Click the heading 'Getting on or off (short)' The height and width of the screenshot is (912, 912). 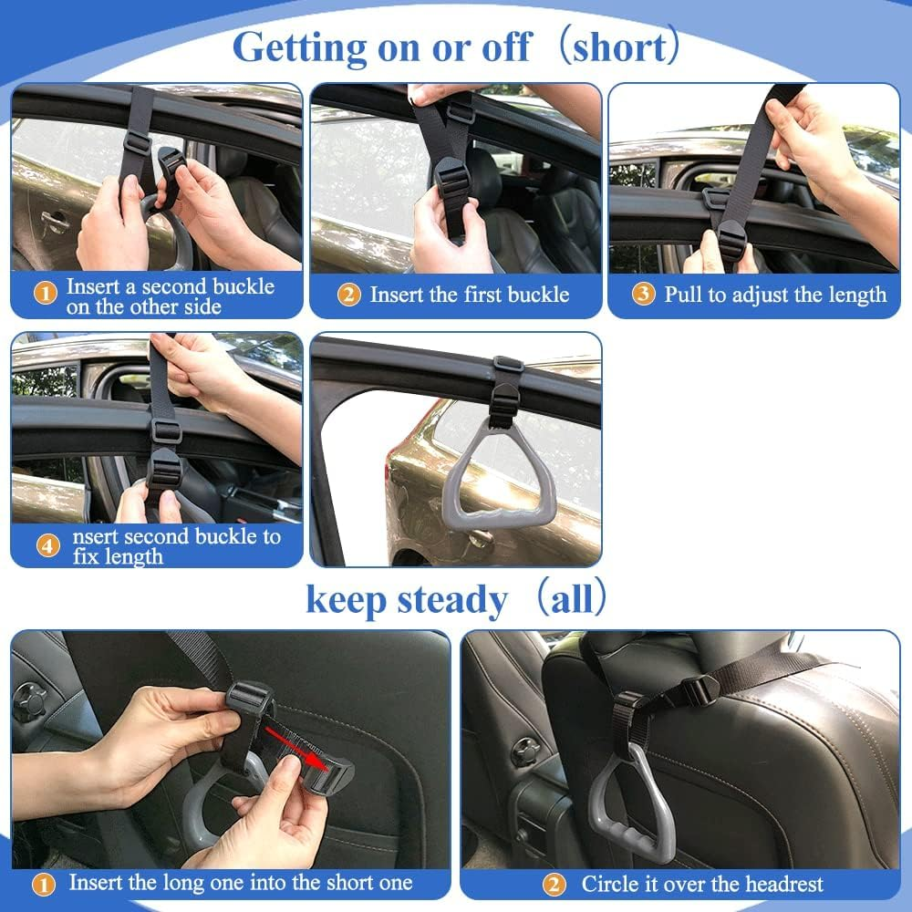(x=456, y=47)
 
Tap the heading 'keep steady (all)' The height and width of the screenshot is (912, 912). (x=456, y=600)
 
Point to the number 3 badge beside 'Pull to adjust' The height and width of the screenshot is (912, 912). (x=644, y=295)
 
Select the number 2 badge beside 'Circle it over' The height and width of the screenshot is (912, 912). (x=554, y=884)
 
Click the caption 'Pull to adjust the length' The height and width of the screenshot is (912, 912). (x=775, y=295)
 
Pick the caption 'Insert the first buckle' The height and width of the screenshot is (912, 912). (x=469, y=295)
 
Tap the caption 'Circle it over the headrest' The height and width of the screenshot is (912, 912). (x=702, y=884)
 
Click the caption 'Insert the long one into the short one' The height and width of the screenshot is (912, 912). (x=241, y=883)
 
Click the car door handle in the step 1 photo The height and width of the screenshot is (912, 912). (x=57, y=223)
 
